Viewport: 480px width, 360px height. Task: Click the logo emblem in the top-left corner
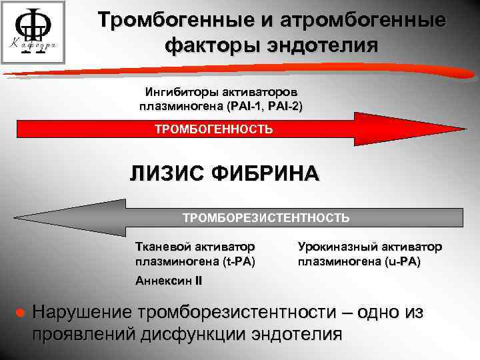[x=33, y=33]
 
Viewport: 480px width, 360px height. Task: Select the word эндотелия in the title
[x=327, y=46]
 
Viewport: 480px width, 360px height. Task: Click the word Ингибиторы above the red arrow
[x=174, y=92]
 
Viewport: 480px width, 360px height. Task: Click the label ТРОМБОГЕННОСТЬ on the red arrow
[x=213, y=129]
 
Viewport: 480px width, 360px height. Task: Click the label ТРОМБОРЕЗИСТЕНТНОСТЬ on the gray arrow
[x=266, y=217]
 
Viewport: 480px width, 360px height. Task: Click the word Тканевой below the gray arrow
[x=161, y=247]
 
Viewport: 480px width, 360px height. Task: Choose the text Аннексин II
[x=168, y=281]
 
